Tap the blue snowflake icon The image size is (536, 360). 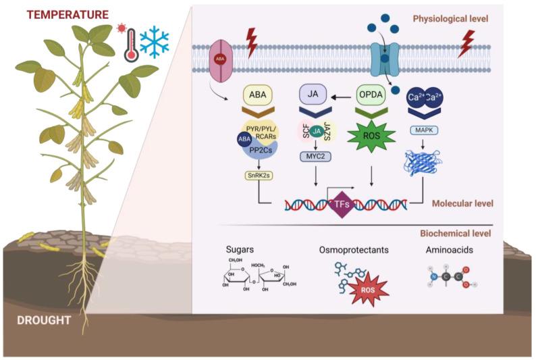click(154, 43)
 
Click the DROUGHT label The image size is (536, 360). click(45, 319)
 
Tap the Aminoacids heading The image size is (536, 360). click(449, 250)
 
